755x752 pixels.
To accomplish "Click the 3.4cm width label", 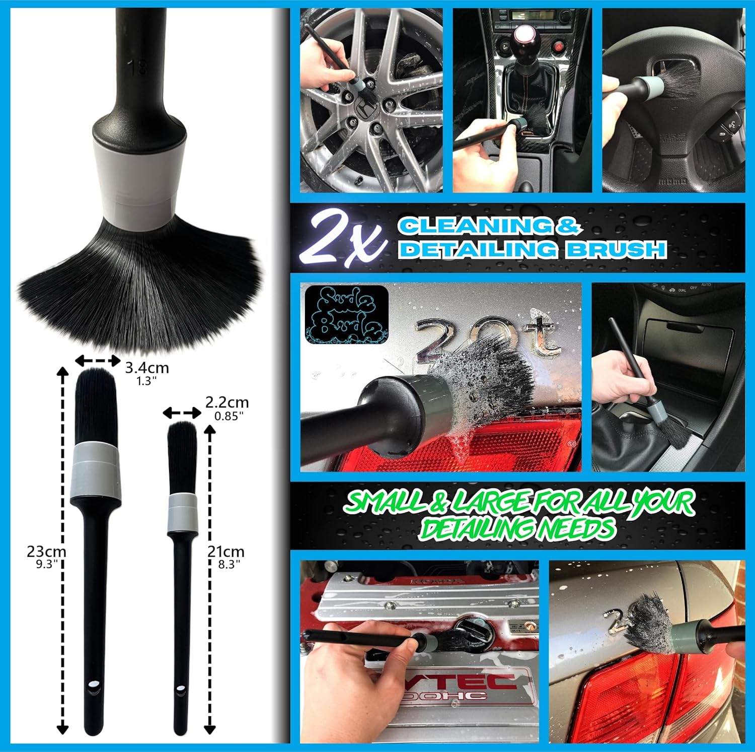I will (x=147, y=368).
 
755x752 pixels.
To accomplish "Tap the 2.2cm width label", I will (x=227, y=402).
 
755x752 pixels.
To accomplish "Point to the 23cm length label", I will (x=46, y=552).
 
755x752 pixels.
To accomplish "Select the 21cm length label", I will (x=226, y=552).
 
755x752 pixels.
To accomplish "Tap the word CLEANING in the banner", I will (x=475, y=226).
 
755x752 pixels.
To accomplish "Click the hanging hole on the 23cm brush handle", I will (x=94, y=686).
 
